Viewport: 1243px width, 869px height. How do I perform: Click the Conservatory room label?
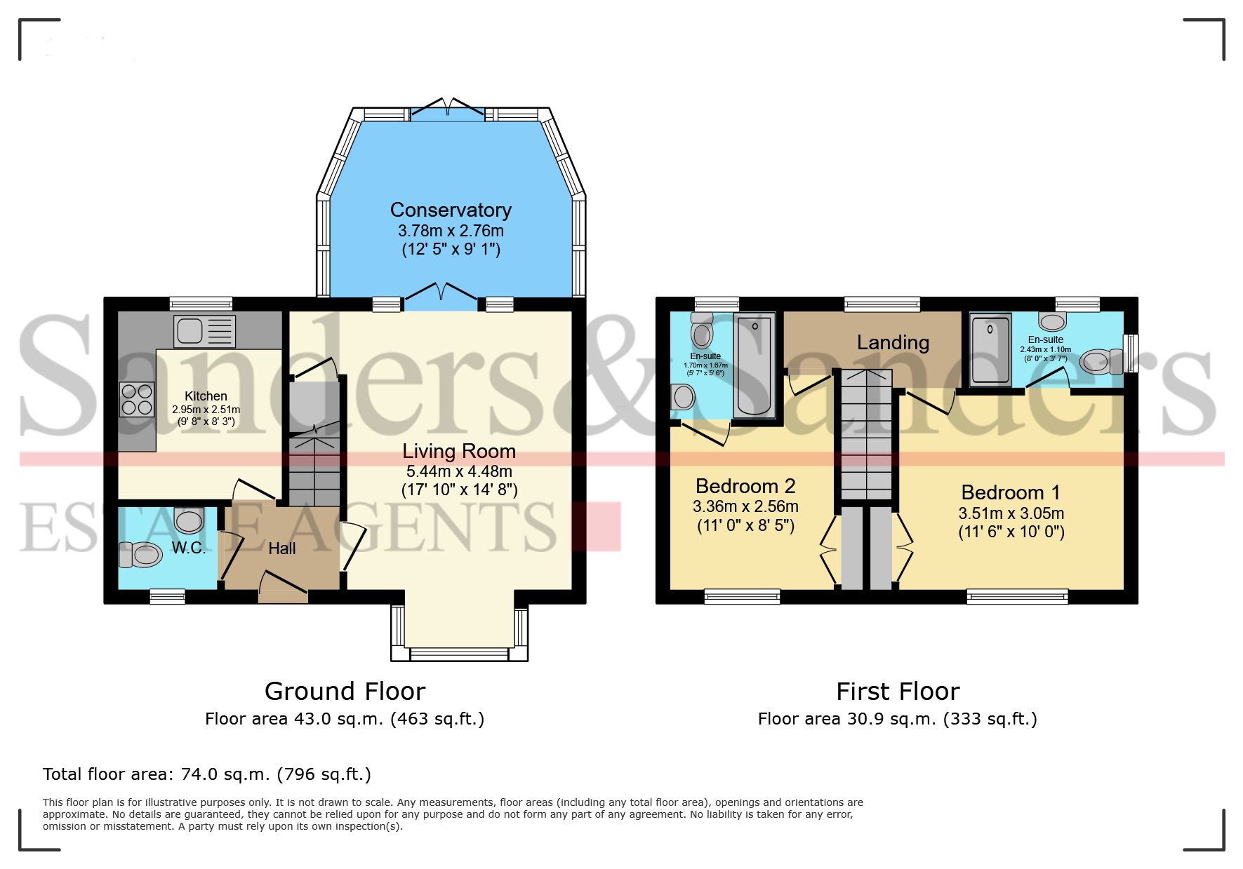(451, 210)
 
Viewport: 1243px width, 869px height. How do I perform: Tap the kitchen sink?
(205, 331)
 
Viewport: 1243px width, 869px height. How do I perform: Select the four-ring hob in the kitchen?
(137, 399)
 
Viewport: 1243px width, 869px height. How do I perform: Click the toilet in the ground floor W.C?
(140, 555)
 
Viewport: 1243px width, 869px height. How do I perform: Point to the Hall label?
(281, 548)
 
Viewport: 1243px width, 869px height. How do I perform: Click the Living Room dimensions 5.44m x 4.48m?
(459, 471)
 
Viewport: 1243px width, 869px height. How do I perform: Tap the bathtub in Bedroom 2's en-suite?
(754, 365)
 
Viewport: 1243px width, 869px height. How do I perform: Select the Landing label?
(893, 342)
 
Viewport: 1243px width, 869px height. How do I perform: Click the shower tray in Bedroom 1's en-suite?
(990, 350)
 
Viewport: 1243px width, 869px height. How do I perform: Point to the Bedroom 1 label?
(1011, 492)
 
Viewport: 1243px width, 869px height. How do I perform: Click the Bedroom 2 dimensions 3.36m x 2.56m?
(745, 506)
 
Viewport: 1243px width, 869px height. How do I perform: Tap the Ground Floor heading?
(345, 692)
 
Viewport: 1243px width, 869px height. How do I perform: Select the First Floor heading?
(898, 692)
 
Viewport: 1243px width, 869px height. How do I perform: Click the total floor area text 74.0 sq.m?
(207, 774)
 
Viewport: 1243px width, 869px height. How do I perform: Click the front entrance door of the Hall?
(283, 588)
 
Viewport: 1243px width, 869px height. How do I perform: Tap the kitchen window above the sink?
(201, 304)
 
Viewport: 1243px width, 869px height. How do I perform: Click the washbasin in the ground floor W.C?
(189, 520)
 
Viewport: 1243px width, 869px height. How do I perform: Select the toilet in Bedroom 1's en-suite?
(1097, 362)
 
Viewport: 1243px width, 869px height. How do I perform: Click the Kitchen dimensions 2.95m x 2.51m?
(206, 410)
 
